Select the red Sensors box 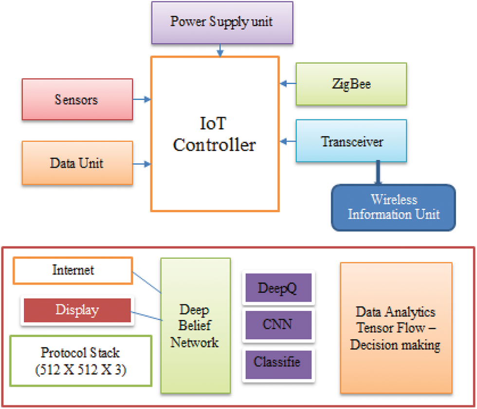(x=77, y=100)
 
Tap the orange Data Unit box (x=77, y=163)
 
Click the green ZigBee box (x=351, y=84)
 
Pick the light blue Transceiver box (x=351, y=142)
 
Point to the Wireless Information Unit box (x=393, y=207)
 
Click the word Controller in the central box (x=215, y=145)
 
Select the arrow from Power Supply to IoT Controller (x=220, y=50)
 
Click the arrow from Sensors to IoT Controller (x=142, y=100)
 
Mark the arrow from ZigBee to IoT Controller (x=288, y=84)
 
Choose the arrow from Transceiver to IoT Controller (x=288, y=142)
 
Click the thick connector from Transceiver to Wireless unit (x=377, y=173)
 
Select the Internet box (x=73, y=271)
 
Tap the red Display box (x=76, y=310)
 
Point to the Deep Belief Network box (x=195, y=325)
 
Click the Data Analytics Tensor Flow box (x=396, y=328)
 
